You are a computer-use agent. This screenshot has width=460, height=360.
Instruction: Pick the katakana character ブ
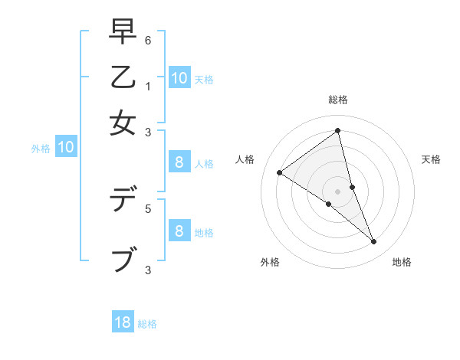123,259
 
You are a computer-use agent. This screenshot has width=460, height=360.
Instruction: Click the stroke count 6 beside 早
148,40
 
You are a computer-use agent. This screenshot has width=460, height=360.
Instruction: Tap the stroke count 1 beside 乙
148,86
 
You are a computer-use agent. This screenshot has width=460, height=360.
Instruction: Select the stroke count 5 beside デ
148,208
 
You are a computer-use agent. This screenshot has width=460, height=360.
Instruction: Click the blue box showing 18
123,322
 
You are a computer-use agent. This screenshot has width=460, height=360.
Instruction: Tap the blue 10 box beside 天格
179,77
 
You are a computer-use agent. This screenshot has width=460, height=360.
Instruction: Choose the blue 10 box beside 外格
65,147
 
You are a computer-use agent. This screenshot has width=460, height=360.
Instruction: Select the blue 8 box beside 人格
179,162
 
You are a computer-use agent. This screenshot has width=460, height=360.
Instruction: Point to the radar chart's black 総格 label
337,100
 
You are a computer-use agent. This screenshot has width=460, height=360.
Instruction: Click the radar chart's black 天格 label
431,159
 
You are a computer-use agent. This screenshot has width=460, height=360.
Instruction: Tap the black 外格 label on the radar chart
270,262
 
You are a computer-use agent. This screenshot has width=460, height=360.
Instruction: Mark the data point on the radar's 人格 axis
279,172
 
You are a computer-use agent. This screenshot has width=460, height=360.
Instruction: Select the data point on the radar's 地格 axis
373,241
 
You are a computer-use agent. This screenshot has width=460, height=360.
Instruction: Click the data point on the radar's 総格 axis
337,131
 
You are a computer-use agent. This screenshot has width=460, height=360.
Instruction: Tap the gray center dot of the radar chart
337,191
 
